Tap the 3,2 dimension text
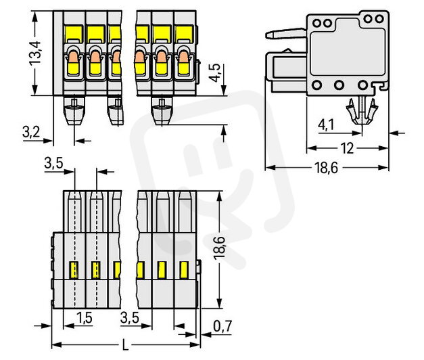click(31, 132)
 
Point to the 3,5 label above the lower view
click(55, 164)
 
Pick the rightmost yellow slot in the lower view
click(183, 269)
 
